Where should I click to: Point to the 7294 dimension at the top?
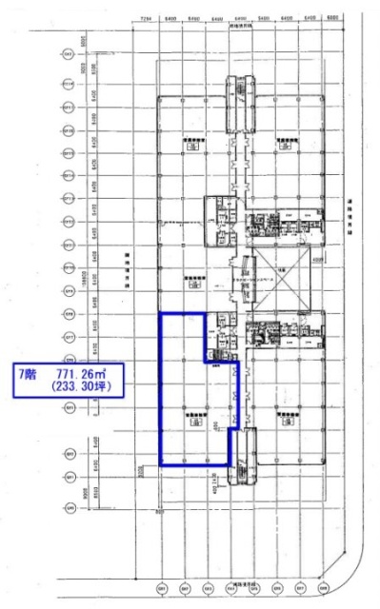[x=146, y=18]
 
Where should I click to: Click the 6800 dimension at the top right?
[x=331, y=18]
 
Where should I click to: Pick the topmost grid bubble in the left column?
[x=69, y=55]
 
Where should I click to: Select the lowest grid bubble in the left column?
[x=69, y=499]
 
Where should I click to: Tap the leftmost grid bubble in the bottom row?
[x=161, y=584]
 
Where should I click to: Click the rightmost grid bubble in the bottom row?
[x=322, y=584]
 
